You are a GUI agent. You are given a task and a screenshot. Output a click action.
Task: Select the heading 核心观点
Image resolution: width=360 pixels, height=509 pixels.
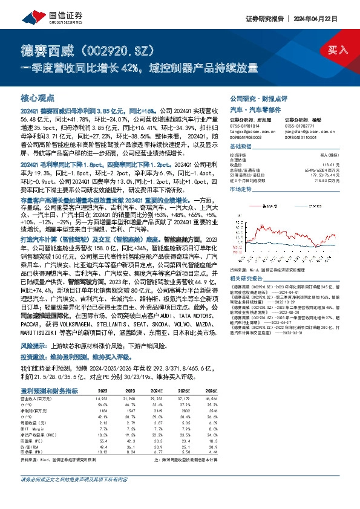(38, 97)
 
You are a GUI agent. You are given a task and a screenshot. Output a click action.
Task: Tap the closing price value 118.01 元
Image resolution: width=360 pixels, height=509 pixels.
(326, 163)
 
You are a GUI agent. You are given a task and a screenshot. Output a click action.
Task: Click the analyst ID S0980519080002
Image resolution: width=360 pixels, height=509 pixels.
(247, 138)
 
